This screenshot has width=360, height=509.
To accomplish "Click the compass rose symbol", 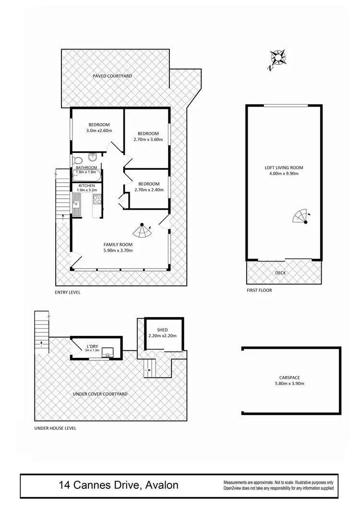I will [277, 59].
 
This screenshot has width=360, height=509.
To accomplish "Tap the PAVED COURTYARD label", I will [112, 76].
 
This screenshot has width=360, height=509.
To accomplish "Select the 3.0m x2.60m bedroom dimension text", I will [99, 130].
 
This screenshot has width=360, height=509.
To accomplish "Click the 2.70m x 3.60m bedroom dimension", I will [148, 140].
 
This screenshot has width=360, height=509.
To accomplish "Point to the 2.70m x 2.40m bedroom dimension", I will [148, 189].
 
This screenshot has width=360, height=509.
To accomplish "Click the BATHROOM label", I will [86, 167].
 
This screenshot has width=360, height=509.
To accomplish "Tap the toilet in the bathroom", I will [77, 160].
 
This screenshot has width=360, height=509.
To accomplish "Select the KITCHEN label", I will [87, 186].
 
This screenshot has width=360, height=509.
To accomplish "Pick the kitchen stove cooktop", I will [97, 199].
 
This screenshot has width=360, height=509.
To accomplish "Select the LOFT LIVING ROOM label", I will [284, 167].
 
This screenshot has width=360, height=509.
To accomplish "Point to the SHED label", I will [162, 330].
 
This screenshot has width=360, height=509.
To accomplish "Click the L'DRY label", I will [93, 346].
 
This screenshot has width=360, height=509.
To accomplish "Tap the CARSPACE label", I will [289, 378].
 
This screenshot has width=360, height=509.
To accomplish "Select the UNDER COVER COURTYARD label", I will [100, 394].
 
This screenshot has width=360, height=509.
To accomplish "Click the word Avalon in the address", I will [160, 485].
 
